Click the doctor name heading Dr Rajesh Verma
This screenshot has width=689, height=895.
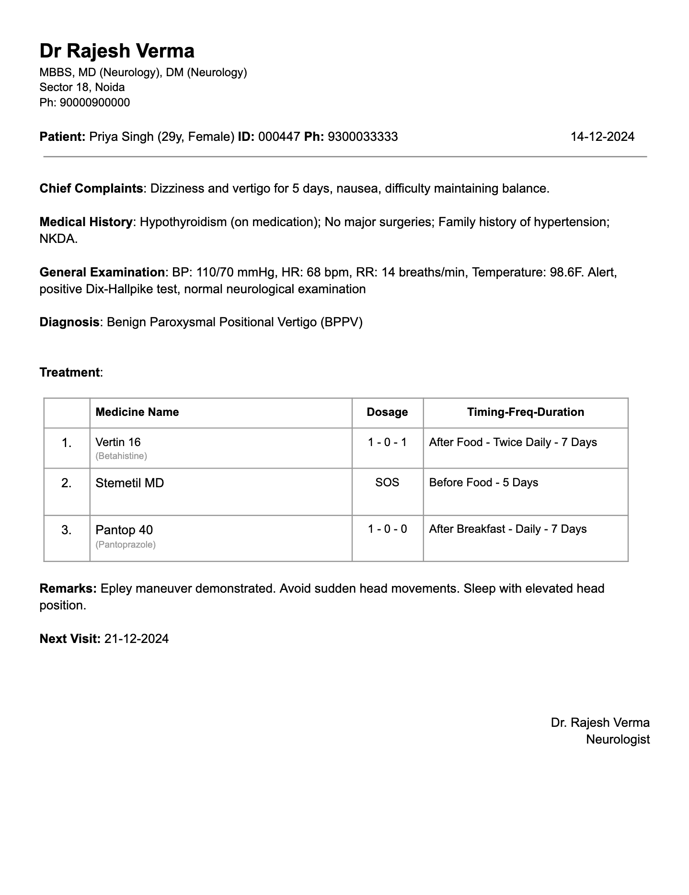pyautogui.click(x=117, y=51)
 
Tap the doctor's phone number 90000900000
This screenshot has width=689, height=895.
pyautogui.click(x=94, y=103)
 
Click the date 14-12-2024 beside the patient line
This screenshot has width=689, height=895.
pyautogui.click(x=602, y=137)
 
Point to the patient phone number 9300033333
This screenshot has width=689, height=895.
pyautogui.click(x=363, y=137)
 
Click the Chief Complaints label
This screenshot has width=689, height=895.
pyautogui.click(x=91, y=188)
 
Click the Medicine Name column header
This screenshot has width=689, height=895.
pyautogui.click(x=137, y=412)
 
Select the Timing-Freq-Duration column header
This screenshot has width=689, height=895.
pyautogui.click(x=526, y=412)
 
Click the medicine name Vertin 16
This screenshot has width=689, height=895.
pyautogui.click(x=118, y=442)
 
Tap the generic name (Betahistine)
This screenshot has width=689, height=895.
pyautogui.click(x=121, y=456)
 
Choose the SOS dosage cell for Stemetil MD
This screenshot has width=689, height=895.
pyautogui.click(x=387, y=482)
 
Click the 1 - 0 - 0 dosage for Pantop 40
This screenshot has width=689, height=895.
pyautogui.click(x=387, y=529)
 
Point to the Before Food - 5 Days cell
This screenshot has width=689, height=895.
pyautogui.click(x=483, y=482)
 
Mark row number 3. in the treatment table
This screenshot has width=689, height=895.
pyautogui.click(x=67, y=530)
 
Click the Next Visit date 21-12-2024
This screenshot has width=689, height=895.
pyautogui.click(x=137, y=639)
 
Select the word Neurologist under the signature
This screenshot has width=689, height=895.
pyautogui.click(x=618, y=739)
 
